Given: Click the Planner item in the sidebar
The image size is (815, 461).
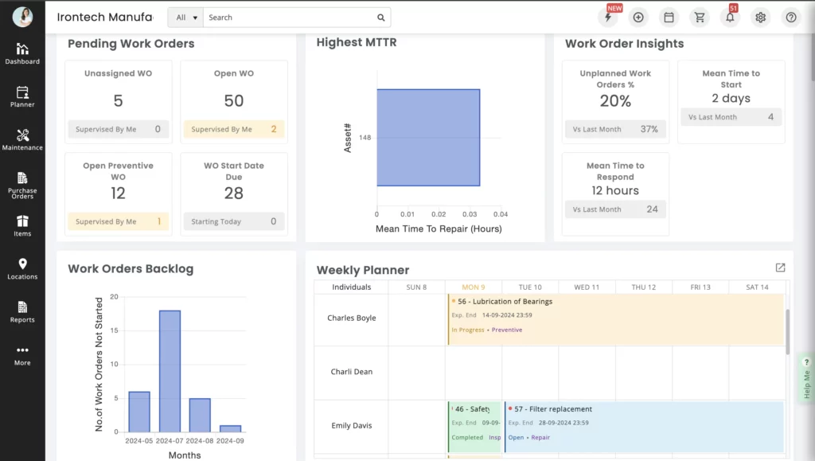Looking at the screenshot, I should [22, 96].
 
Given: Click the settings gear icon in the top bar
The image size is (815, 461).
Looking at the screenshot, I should [760, 18].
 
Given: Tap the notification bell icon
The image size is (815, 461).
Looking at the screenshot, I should [730, 18].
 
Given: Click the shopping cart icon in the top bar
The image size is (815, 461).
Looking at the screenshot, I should [700, 18].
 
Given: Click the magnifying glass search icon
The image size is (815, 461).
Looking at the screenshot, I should [381, 18].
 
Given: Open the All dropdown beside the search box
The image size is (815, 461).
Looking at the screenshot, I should [185, 18].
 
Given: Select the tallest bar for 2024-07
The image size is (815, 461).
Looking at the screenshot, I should [170, 371].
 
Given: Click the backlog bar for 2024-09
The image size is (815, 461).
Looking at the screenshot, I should [230, 428].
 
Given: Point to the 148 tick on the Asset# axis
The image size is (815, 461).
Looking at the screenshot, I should [365, 138].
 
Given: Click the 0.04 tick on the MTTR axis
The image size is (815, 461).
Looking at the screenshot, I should [500, 214].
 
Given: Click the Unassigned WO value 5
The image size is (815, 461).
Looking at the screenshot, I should [118, 101].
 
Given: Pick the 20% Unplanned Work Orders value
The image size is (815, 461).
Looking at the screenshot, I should [615, 101].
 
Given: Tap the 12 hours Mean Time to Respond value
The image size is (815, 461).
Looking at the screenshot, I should [615, 190].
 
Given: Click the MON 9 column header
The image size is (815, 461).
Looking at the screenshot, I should [473, 287].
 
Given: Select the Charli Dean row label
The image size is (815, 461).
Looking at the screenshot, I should [351, 372].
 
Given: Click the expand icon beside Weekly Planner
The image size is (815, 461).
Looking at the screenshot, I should [780, 268].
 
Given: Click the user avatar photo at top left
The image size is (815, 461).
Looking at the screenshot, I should [22, 17].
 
